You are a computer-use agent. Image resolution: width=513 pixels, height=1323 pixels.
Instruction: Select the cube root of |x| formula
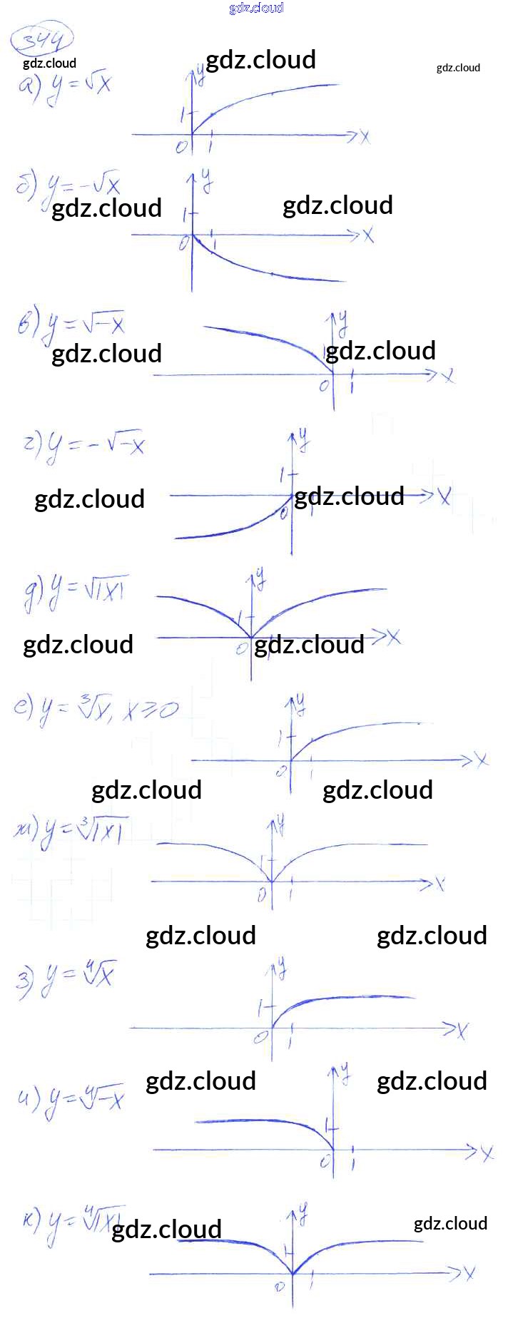(x=71, y=832)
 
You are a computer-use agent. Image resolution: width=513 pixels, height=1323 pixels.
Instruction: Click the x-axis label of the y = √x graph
(x=365, y=136)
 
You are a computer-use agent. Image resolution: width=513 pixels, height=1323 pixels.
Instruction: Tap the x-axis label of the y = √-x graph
(x=448, y=375)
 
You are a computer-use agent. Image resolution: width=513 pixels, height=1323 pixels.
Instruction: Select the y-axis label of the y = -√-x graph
(x=304, y=438)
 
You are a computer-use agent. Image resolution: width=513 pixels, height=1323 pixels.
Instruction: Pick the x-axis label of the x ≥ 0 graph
(x=482, y=760)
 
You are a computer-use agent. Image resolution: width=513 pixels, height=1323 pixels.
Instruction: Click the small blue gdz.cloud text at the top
(x=256, y=8)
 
